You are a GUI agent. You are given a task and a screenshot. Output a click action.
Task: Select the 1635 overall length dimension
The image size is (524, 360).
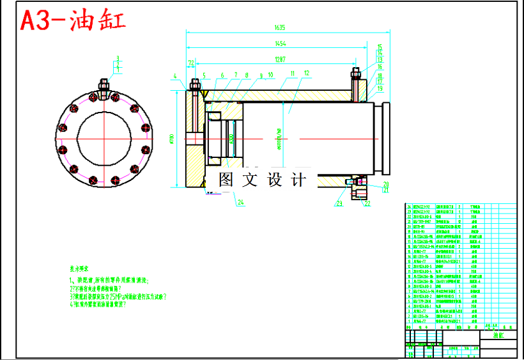[x=279, y=27]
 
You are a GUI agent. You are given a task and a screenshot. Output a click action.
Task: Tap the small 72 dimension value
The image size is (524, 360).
[x=190, y=63]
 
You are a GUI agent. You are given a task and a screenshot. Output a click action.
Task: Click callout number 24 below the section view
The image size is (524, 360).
[x=240, y=203]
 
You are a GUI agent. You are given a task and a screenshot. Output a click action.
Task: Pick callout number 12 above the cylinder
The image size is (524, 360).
[x=307, y=74]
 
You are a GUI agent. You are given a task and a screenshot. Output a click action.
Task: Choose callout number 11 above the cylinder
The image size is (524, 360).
[x=292, y=74]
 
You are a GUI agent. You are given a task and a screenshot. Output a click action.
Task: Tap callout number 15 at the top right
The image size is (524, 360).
[x=379, y=47]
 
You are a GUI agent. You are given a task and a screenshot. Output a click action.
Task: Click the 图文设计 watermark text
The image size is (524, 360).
[x=263, y=180]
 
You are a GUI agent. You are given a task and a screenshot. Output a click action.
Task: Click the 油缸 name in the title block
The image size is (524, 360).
[x=497, y=334]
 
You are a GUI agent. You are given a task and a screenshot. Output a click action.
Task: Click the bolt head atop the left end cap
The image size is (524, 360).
[x=194, y=84]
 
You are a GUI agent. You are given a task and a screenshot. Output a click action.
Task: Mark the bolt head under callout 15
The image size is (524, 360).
[x=356, y=71]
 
